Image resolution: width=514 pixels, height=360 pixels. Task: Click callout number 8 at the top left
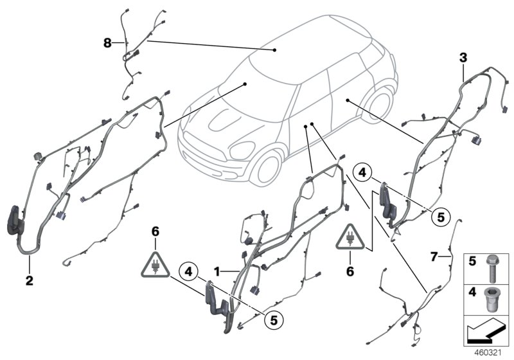tap(107, 43)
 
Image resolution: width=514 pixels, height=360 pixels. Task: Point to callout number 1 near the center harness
tap(217, 272)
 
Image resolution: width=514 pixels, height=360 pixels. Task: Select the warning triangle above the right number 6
tap(351, 239)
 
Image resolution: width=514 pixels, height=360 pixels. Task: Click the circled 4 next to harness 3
tap(363, 172)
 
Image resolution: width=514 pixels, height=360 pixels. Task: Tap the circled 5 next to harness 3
tap(440, 217)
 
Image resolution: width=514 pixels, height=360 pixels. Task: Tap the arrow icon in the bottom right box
tap(486, 334)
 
